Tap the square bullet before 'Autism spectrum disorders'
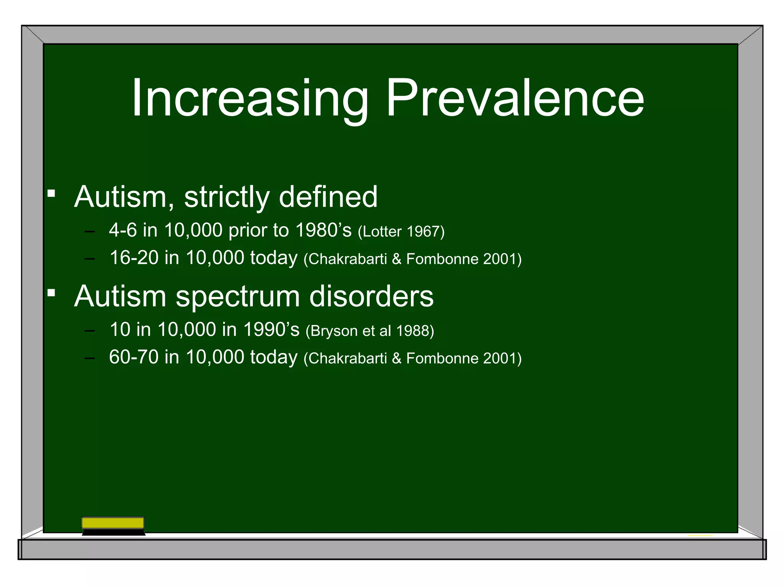(51, 292)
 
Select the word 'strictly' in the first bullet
(227, 197)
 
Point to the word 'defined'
(328, 197)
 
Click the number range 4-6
(123, 230)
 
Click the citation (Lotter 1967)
(401, 232)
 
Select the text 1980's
(323, 230)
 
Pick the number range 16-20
(134, 258)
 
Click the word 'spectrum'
(238, 297)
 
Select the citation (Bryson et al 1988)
(370, 331)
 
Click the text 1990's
(271, 330)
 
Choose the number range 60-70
(134, 357)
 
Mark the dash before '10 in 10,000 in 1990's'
(90, 331)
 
